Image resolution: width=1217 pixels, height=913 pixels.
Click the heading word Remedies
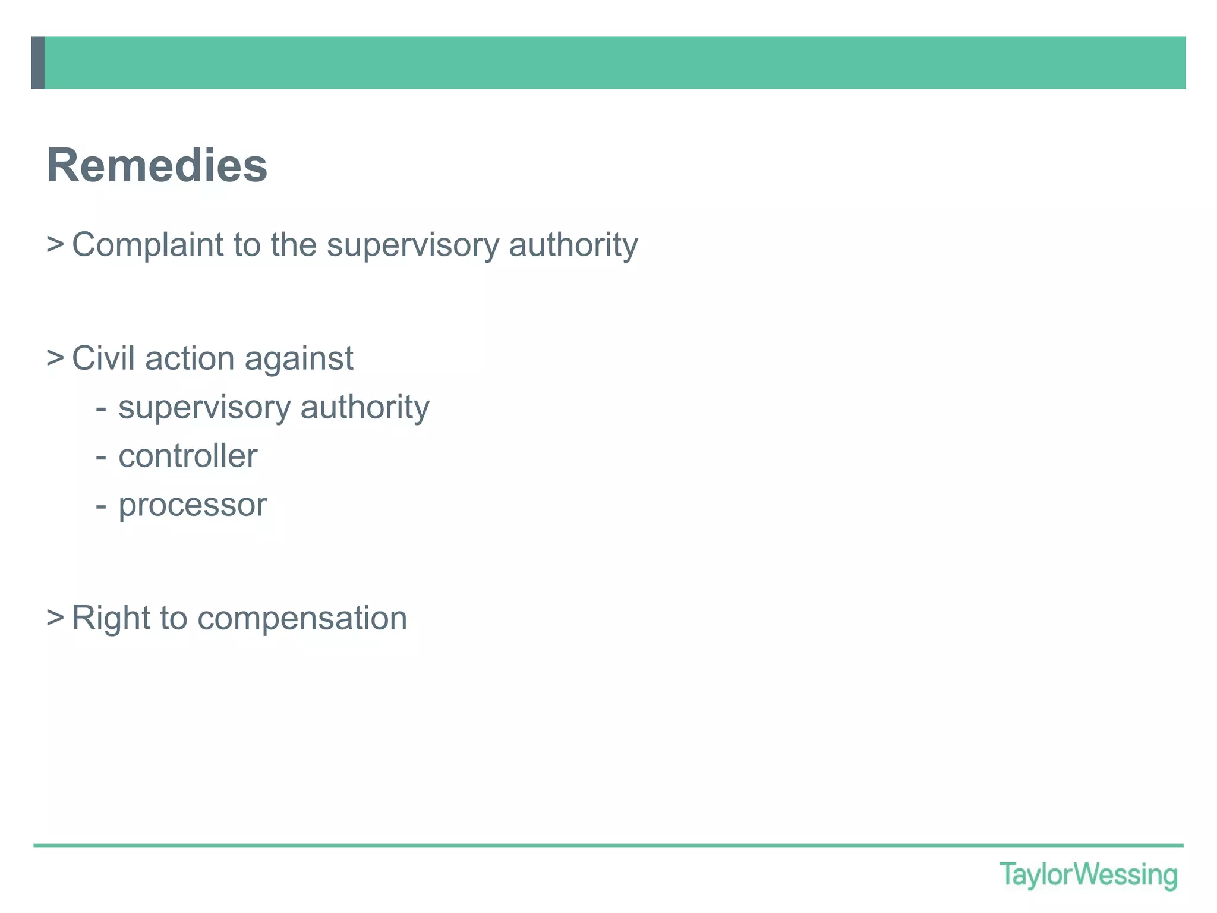(157, 165)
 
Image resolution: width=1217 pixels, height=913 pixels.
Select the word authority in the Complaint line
(573, 245)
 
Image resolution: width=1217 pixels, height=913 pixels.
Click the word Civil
(103, 358)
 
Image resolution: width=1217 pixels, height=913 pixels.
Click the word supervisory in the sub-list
(204, 408)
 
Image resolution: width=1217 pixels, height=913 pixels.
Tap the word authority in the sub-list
(364, 408)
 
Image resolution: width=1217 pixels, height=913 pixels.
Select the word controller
(188, 456)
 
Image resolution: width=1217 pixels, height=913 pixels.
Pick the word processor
(193, 505)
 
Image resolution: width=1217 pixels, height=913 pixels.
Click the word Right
(111, 618)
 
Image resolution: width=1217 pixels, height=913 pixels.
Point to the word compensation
(302, 619)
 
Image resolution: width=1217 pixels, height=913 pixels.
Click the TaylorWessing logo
(1088, 875)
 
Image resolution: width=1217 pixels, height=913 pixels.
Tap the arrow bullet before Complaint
(55, 244)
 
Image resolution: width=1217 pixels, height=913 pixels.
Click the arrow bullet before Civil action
(55, 358)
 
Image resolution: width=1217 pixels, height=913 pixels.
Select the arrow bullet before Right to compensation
(55, 618)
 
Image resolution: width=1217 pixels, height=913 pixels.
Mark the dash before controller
(101, 457)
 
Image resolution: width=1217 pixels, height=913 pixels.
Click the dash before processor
(101, 506)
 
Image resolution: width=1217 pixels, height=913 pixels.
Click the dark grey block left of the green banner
(38, 63)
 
